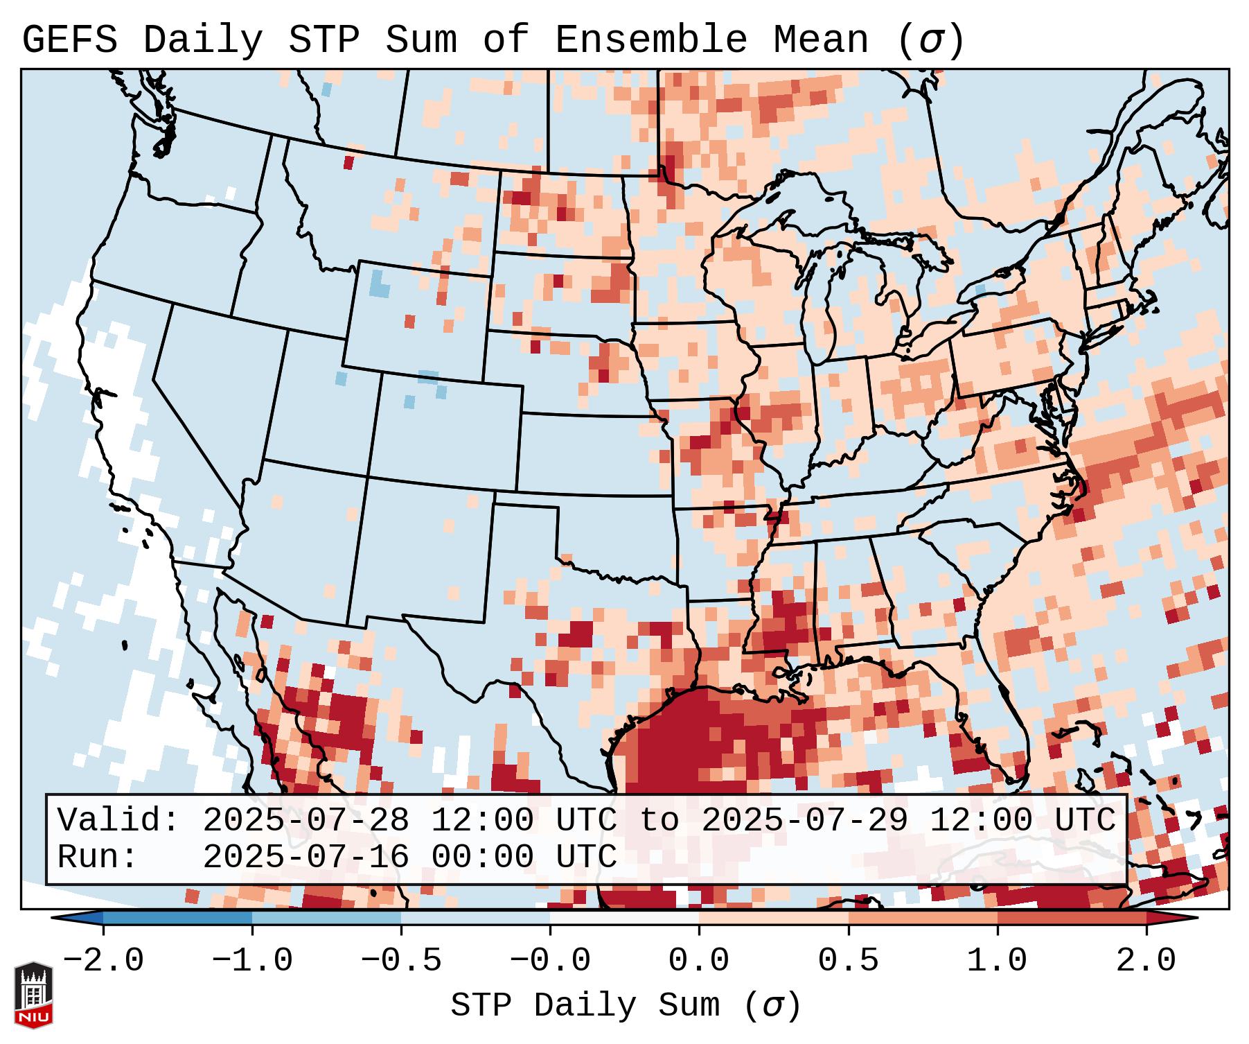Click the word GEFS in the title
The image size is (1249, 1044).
[x=69, y=40]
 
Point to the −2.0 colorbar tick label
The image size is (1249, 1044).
[x=103, y=961]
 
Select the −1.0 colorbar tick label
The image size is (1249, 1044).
[x=252, y=961]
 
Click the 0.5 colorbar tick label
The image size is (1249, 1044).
[x=849, y=961]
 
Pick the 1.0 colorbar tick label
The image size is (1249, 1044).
[x=998, y=961]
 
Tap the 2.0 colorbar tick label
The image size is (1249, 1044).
[x=1146, y=961]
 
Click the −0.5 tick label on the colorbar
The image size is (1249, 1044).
[x=401, y=961]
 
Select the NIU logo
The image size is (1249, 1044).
[x=33, y=994]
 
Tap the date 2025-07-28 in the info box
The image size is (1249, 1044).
[x=305, y=821]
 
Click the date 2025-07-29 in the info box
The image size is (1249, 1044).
[x=804, y=821]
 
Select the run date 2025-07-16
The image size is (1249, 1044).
[x=305, y=857]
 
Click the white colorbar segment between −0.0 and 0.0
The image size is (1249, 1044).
[x=624, y=918]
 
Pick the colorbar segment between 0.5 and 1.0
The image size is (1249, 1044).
[x=923, y=918]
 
